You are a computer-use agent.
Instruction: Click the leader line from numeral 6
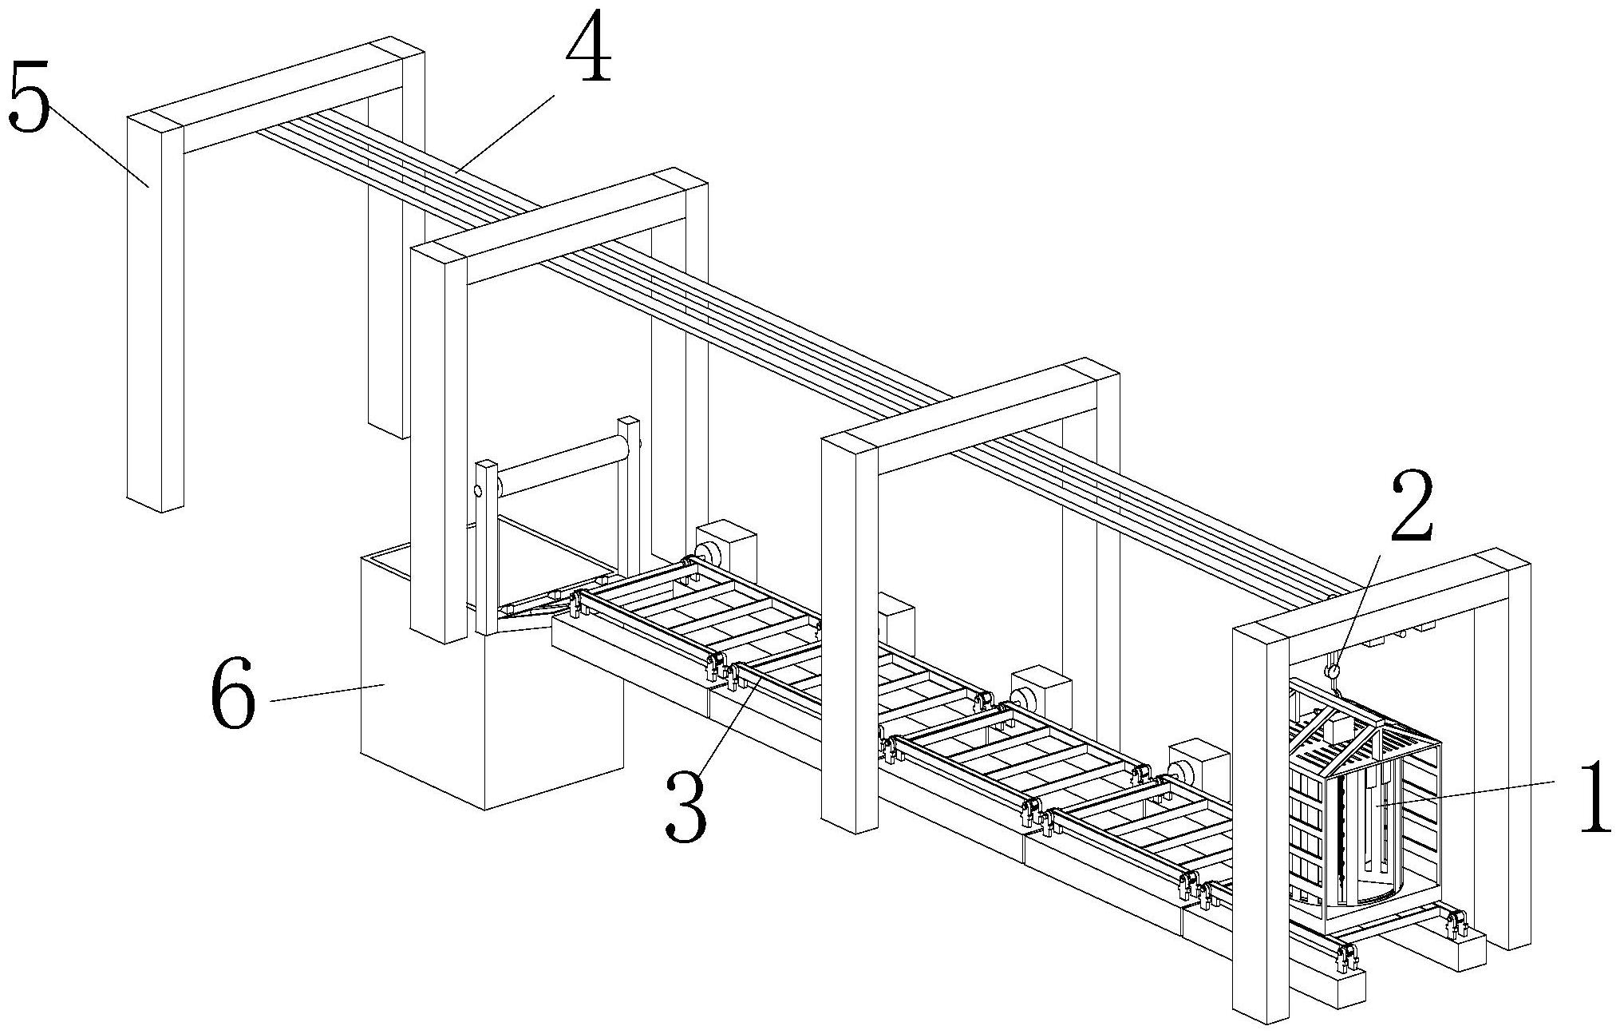(x=329, y=693)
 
